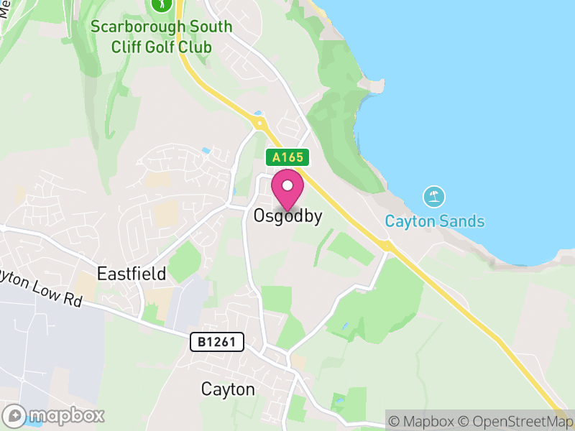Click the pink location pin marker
287,188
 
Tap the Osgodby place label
287,215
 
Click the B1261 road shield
217,342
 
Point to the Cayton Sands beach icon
434,197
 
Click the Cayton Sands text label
434,221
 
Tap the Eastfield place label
132,274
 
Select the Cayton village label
228,389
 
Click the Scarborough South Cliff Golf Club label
162,37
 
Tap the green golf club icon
162,4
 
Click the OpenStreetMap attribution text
517,421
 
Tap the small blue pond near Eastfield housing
206,152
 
